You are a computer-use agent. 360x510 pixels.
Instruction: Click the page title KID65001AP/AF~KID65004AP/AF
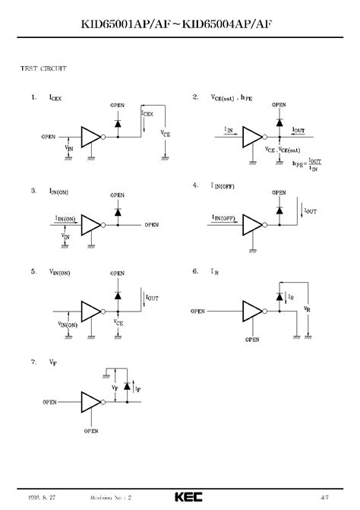[x=180, y=25]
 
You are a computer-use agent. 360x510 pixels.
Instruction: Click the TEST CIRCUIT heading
[x=43, y=68]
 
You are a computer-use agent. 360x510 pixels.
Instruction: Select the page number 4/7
[x=324, y=496]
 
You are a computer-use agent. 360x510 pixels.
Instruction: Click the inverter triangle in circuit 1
[x=90, y=137]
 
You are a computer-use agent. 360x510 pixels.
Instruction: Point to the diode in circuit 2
[x=279, y=122]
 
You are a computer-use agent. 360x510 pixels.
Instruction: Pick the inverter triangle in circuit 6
[x=251, y=311]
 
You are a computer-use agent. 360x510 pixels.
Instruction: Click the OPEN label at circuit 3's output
[x=152, y=225]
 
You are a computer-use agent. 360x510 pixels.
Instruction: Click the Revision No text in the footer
[x=111, y=496]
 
